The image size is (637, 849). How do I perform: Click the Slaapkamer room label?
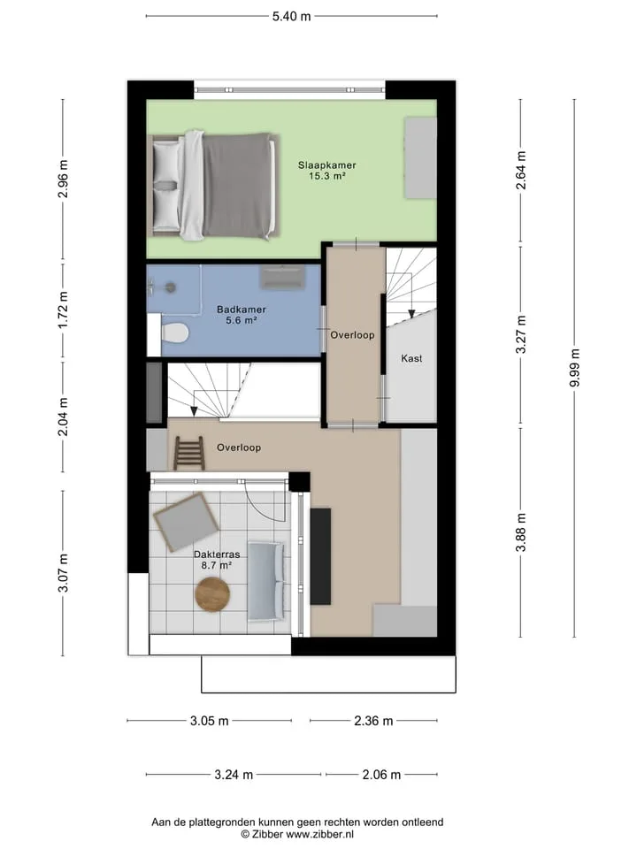click(x=326, y=165)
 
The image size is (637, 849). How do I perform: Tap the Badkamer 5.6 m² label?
click(x=241, y=315)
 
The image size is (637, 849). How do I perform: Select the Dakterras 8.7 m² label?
click(x=217, y=560)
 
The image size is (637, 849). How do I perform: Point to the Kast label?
click(x=411, y=358)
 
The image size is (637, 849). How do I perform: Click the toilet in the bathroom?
click(x=174, y=333)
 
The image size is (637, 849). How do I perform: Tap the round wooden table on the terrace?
click(x=212, y=594)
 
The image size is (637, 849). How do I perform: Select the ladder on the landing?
click(x=189, y=453)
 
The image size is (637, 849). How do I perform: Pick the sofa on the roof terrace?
click(x=265, y=581)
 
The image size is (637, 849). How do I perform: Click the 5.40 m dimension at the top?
click(x=291, y=16)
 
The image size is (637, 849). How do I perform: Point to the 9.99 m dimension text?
click(x=574, y=368)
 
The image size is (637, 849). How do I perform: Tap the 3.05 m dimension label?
click(x=209, y=721)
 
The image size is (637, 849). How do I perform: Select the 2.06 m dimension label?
click(x=381, y=775)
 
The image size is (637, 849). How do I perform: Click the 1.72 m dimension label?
click(x=64, y=310)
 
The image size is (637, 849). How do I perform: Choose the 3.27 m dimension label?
click(x=520, y=334)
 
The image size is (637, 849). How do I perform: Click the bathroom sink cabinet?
click(x=282, y=277)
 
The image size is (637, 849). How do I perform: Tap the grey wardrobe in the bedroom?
click(x=421, y=157)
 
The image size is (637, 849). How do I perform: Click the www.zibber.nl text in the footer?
click(x=319, y=834)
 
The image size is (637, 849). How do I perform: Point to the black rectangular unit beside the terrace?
click(x=320, y=556)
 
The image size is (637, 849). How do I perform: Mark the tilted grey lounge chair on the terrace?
click(x=187, y=521)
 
